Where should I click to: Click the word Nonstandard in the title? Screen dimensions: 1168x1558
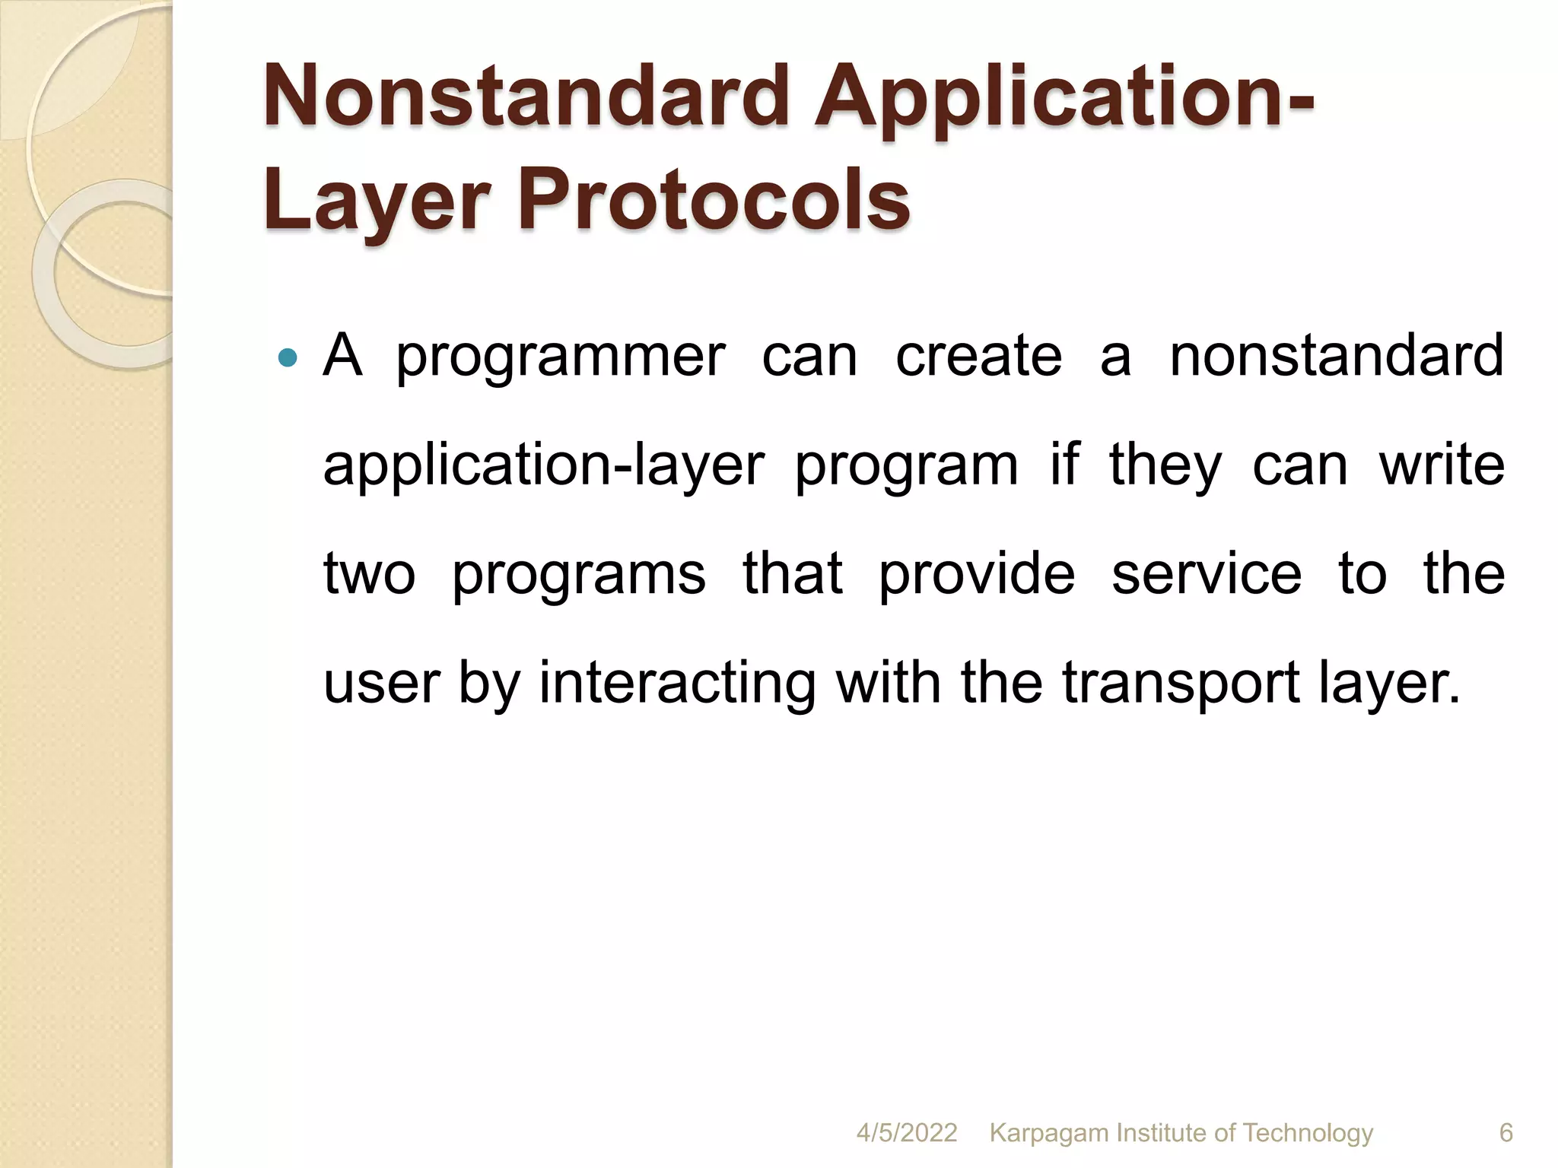pyautogui.click(x=525, y=97)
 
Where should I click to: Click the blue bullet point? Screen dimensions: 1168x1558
pyautogui.click(x=287, y=357)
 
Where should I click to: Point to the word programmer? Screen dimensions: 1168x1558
pyautogui.click(x=561, y=357)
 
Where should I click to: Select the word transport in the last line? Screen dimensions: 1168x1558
pyautogui.click(x=1180, y=682)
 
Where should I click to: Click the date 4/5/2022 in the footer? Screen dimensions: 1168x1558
pyautogui.click(x=906, y=1133)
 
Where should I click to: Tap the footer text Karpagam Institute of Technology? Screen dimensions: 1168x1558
pyautogui.click(x=1181, y=1133)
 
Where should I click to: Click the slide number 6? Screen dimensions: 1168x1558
pyautogui.click(x=1506, y=1133)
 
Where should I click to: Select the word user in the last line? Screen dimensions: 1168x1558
pyautogui.click(x=381, y=682)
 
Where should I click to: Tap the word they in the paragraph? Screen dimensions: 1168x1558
pyautogui.click(x=1165, y=465)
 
